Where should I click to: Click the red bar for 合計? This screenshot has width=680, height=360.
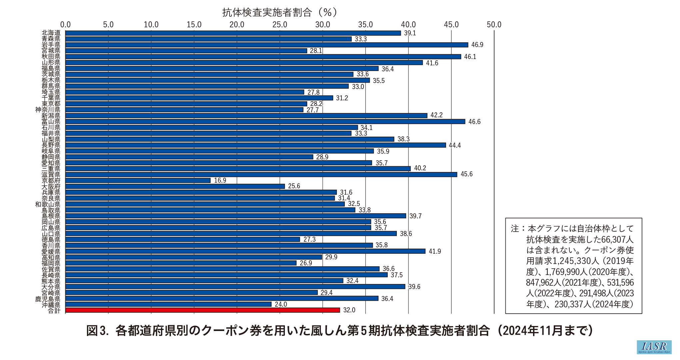pos(203,310)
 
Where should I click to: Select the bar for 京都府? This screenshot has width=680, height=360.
pos(138,180)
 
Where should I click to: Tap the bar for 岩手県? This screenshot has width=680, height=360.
pos(267,45)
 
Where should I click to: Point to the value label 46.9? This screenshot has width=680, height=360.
pos(477,45)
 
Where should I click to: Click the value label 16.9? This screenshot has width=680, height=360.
pos(220,180)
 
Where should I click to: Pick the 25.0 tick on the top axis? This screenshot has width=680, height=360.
pos(280,25)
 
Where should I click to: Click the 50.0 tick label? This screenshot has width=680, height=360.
pos(494,25)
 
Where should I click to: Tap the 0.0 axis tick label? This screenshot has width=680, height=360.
pos(66,25)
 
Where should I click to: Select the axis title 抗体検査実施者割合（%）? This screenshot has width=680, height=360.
pos(280,12)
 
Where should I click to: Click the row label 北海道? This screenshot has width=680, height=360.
pos(51,33)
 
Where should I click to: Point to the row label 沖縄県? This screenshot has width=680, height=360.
pos(51,305)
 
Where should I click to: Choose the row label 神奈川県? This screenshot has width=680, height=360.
pos(48,110)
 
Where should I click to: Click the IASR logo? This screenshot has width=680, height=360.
pos(654,347)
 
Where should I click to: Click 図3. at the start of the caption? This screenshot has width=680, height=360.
pos(97,331)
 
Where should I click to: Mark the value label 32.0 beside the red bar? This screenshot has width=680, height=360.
pos(349,310)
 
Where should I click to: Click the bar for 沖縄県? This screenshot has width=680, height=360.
pos(168,304)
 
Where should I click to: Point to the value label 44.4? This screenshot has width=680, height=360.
pos(455,145)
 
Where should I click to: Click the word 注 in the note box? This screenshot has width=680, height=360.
pos(515,229)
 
